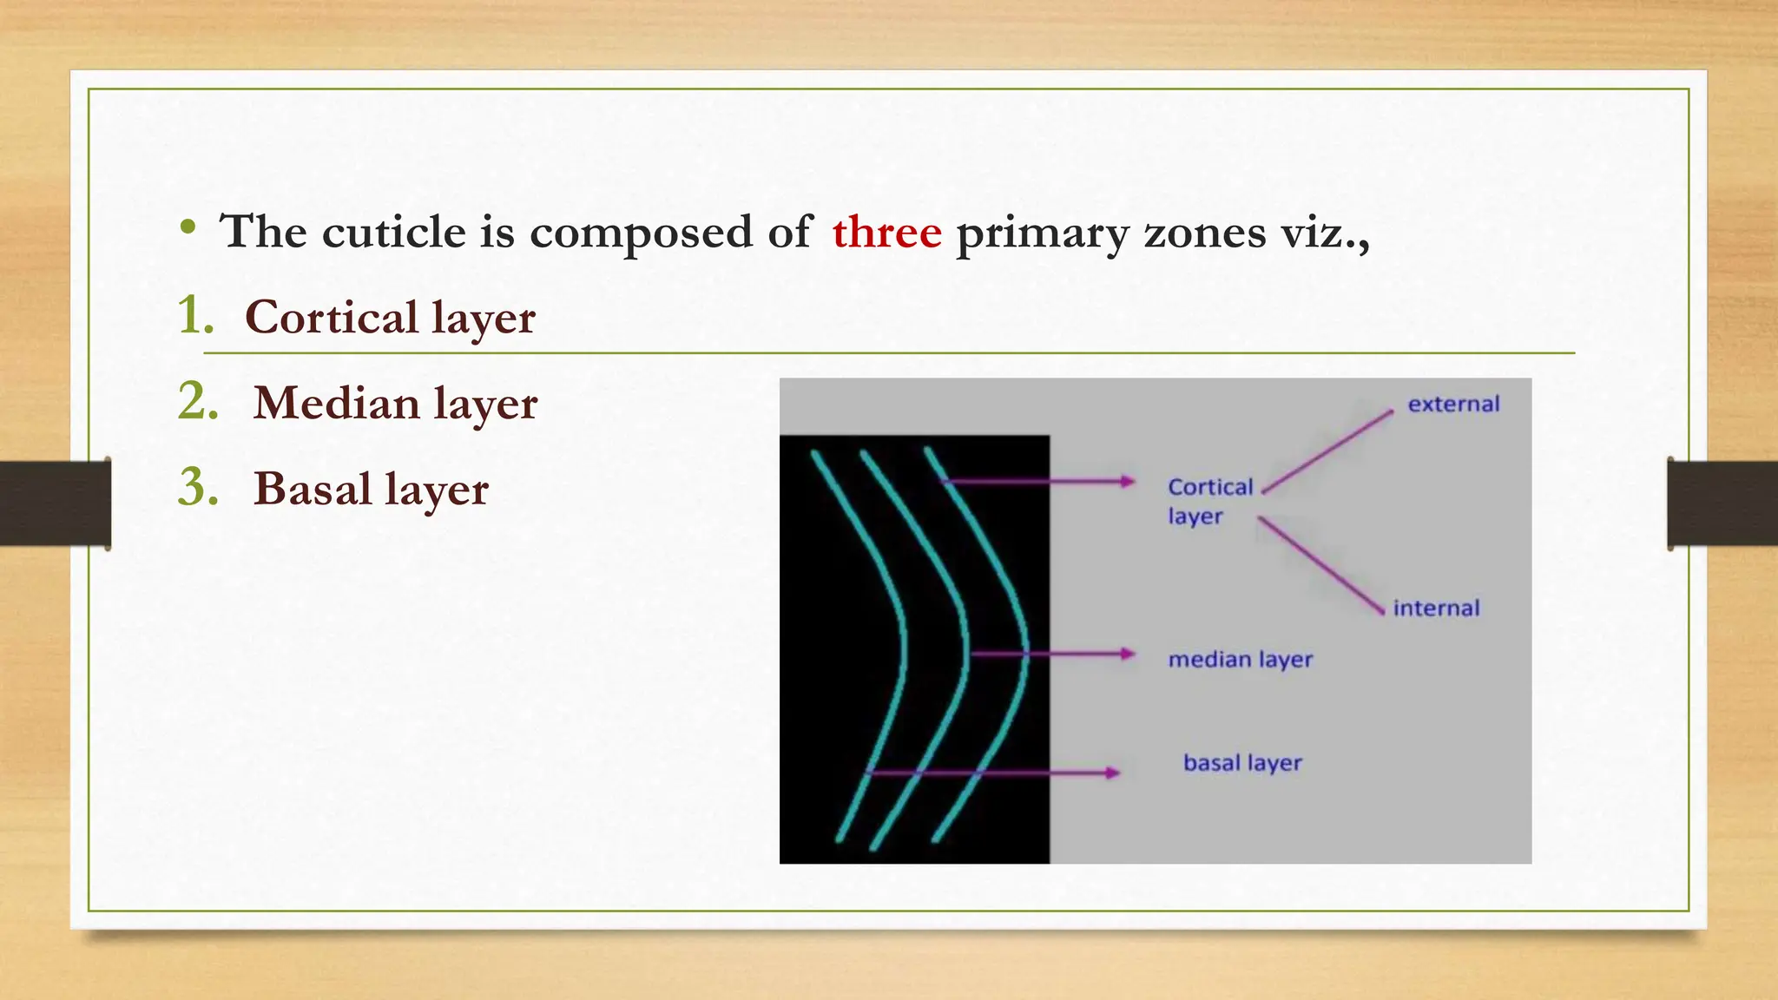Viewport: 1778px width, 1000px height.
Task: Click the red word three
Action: [886, 233]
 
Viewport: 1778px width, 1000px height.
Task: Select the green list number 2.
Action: [198, 401]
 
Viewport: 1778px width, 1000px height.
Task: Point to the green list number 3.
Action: [198, 487]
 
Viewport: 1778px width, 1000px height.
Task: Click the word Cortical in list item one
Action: [331, 317]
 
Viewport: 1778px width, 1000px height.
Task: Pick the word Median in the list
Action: [336, 403]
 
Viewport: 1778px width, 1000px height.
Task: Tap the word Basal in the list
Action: [312, 489]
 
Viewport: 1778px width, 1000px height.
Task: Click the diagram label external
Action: [1453, 405]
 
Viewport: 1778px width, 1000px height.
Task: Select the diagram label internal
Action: [1436, 609]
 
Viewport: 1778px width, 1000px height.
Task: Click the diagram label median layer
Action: [1240, 660]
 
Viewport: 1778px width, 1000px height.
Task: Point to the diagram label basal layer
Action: [1242, 763]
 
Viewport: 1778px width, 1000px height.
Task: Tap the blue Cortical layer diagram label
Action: [1209, 501]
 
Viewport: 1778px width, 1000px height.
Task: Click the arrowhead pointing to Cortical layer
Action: [1128, 481]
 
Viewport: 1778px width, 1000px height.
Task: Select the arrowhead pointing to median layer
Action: [1128, 654]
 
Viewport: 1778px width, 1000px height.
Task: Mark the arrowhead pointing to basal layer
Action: [1112, 772]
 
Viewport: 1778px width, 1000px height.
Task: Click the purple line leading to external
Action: [1328, 451]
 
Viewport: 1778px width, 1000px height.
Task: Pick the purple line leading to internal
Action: [1320, 565]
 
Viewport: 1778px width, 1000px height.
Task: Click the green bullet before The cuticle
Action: [188, 228]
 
